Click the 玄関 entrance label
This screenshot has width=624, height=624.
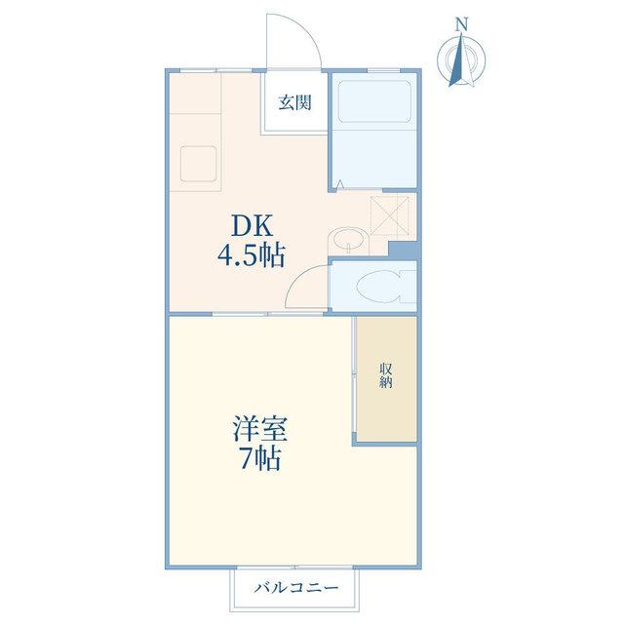coord(294,102)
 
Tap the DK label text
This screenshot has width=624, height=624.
coord(253,225)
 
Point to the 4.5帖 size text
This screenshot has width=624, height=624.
coord(252,255)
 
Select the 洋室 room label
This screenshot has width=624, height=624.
coord(260,428)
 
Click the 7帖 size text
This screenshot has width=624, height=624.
coord(260,458)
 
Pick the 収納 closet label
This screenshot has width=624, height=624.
coord(386,375)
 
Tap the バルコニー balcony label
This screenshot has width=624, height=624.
coord(296,587)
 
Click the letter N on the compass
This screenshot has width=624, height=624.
coord(461,25)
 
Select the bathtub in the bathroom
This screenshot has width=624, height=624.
coord(374,101)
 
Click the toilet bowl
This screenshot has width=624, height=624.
coord(378,286)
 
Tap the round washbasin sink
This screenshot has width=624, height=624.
coord(349,240)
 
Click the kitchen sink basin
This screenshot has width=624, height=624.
coord(198,164)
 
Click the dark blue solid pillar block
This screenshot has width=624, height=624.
coord(403,251)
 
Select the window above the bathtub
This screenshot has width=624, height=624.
coord(383,71)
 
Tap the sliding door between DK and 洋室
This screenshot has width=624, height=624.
coord(267,314)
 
